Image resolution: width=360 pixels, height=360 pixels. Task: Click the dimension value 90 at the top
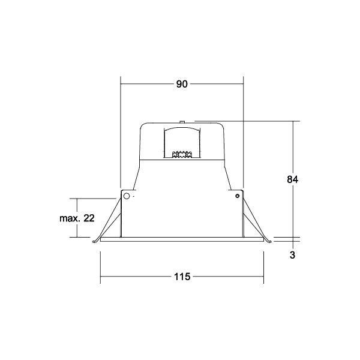[182, 84]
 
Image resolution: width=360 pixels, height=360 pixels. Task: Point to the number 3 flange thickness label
[292, 254]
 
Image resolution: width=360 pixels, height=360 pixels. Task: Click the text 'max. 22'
[77, 218]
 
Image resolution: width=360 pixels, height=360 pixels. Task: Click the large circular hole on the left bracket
[126, 196]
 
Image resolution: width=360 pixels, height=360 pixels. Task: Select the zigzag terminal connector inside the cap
[182, 155]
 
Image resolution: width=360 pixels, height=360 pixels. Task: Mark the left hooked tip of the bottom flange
[95, 242]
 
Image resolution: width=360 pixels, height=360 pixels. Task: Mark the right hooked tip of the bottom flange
[269, 242]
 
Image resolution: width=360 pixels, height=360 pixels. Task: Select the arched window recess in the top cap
[182, 141]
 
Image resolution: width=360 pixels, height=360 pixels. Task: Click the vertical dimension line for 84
[293, 150]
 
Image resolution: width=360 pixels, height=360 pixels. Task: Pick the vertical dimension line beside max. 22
[79, 204]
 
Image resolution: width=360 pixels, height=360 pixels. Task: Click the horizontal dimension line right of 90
[216, 84]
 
